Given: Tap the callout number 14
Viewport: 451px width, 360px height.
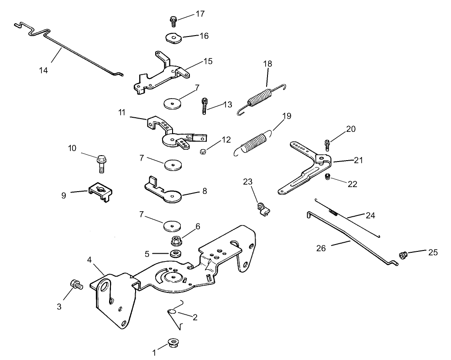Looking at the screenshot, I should pos(43,70).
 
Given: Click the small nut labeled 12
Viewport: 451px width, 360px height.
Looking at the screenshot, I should pos(203,152).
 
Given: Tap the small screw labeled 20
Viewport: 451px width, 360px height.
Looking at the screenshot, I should pos(327,145).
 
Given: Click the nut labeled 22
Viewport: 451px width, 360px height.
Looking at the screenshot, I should pos(327,177).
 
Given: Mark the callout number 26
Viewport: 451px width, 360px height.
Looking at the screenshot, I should pos(321,248).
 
